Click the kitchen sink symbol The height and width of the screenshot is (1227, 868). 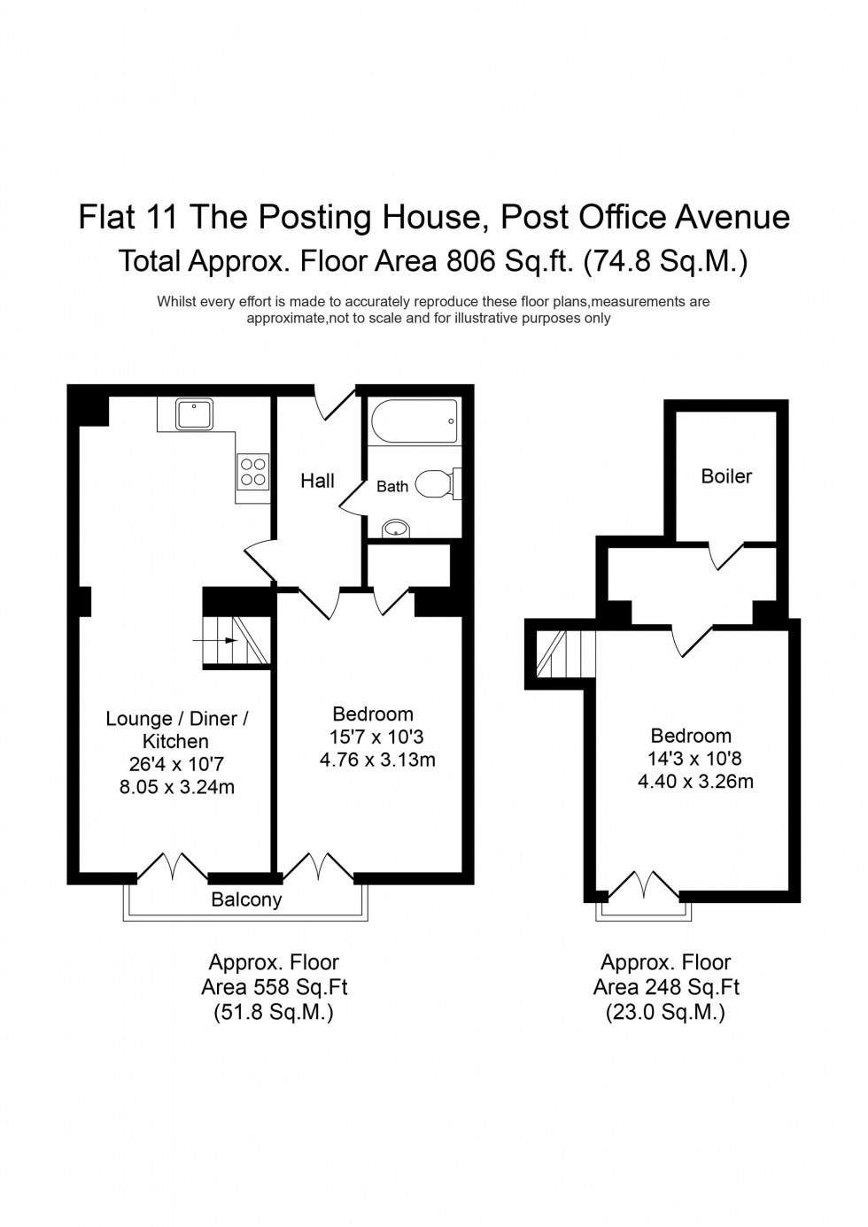(193, 413)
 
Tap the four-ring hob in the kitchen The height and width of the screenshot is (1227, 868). (252, 471)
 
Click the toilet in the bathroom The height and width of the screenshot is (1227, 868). (436, 484)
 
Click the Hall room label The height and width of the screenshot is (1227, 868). (317, 481)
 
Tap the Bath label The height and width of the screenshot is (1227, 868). (392, 486)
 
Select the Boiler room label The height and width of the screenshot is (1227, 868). (726, 476)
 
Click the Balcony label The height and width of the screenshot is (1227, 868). (246, 900)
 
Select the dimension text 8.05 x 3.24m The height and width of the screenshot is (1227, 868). (177, 787)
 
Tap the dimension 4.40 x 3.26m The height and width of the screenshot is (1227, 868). (695, 781)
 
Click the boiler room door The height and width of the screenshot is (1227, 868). (727, 557)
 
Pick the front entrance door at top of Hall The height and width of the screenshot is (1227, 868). (335, 403)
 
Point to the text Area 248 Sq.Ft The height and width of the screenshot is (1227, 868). (666, 987)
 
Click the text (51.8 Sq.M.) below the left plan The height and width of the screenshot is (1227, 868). (274, 1012)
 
